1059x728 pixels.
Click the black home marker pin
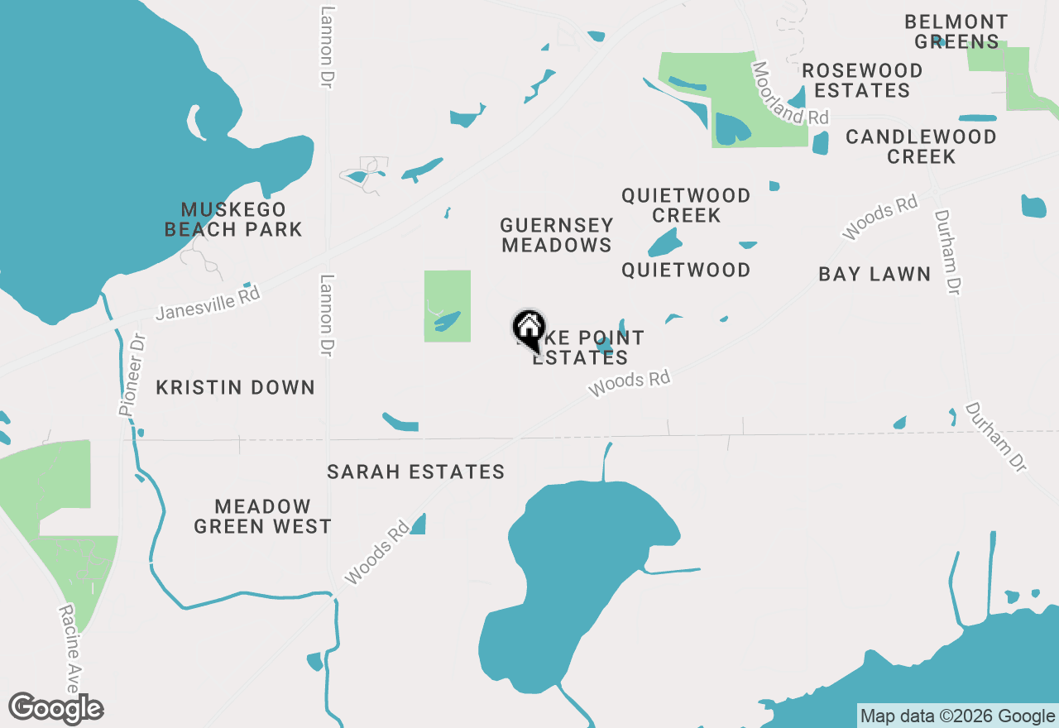(529, 329)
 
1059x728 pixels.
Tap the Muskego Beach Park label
(233, 219)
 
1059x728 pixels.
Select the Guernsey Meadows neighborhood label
(556, 235)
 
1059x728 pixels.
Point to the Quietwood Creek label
(686, 205)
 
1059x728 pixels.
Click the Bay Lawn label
(875, 274)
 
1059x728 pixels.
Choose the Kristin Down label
(236, 387)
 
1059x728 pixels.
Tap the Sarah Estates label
(415, 472)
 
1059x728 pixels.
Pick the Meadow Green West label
(262, 516)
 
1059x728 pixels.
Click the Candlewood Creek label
(921, 146)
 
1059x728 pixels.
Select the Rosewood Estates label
(862, 80)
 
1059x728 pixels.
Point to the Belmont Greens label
(956, 31)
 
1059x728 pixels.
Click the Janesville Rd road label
(208, 303)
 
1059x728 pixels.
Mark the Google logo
(56, 709)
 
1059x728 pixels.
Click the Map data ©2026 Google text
(957, 716)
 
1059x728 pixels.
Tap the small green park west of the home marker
(447, 306)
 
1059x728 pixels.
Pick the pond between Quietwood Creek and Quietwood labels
(665, 243)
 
